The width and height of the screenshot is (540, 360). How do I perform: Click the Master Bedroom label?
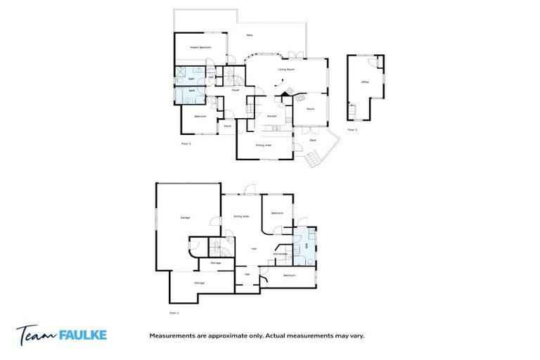(200, 46)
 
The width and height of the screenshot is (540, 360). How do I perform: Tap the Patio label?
(249, 35)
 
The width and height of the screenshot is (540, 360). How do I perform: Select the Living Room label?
(285, 70)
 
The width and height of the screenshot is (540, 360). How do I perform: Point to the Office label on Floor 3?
(364, 82)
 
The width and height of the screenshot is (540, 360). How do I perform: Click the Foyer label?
(236, 90)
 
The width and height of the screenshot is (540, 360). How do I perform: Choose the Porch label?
(227, 126)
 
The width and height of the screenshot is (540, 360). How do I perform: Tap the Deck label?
(313, 140)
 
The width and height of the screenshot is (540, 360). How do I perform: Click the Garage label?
(186, 217)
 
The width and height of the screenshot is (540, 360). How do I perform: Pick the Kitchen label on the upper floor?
(271, 116)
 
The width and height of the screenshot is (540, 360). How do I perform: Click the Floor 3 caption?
(352, 129)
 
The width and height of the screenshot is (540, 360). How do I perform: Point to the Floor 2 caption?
(186, 143)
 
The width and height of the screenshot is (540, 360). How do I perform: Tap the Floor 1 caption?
(174, 312)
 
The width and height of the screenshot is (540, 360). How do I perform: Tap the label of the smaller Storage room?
(215, 262)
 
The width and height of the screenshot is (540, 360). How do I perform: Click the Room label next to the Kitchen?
(310, 109)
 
